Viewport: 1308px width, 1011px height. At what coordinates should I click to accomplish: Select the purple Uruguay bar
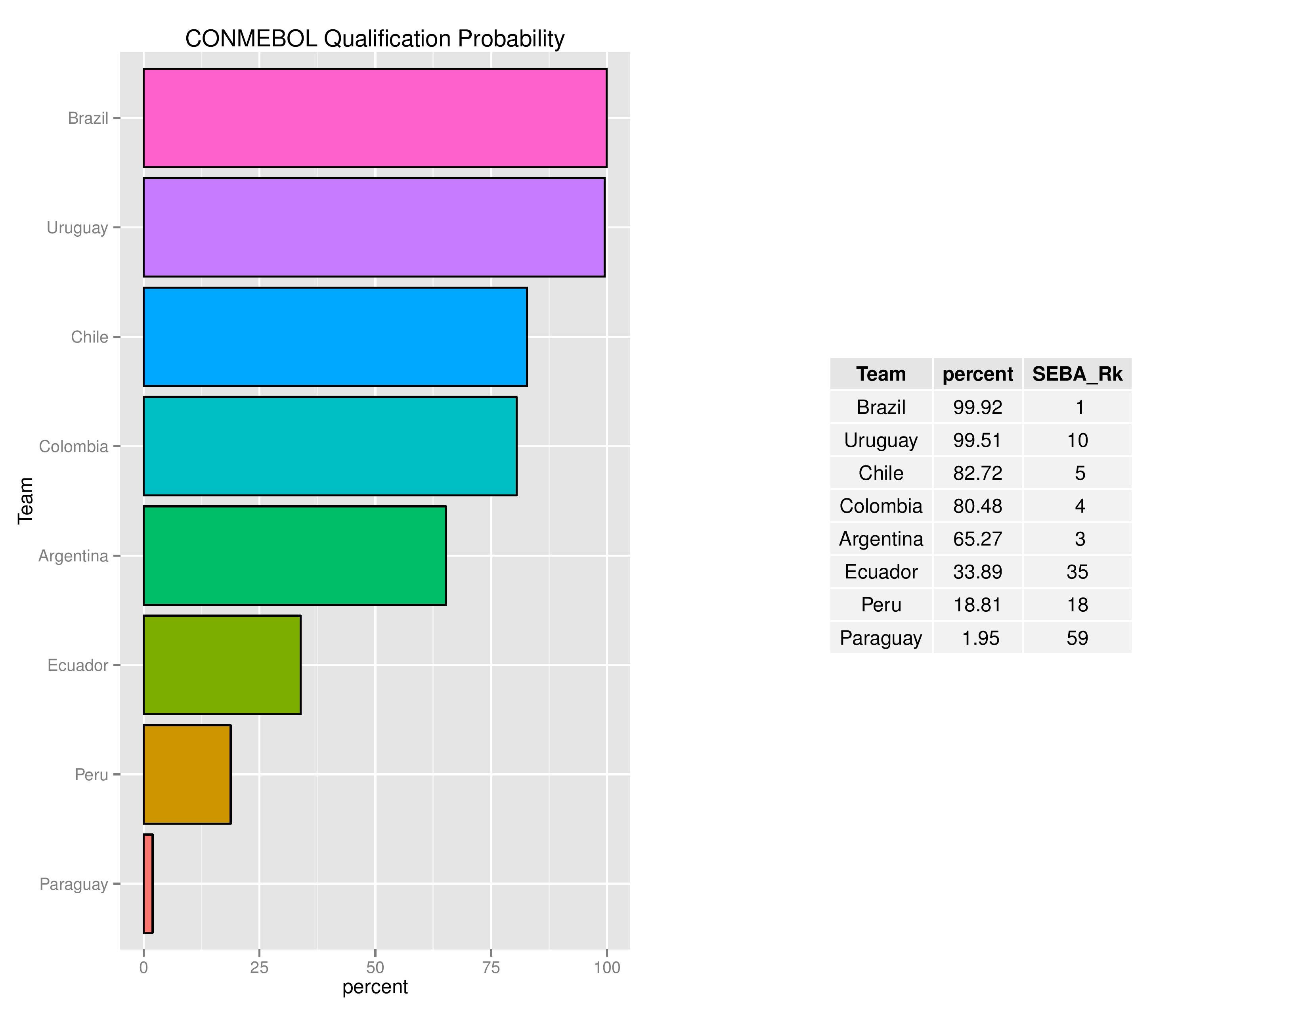[374, 228]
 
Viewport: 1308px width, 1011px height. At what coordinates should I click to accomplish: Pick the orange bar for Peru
[187, 774]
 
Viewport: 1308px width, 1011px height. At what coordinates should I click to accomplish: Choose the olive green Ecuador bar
[222, 665]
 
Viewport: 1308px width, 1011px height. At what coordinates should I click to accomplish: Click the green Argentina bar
[294, 555]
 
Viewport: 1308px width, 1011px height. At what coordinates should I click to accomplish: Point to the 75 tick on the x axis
[491, 967]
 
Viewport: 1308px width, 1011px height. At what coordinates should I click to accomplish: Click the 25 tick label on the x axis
[259, 967]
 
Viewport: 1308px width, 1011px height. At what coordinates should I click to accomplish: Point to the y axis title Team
[25, 501]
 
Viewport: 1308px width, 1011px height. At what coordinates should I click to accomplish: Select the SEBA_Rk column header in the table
[1077, 374]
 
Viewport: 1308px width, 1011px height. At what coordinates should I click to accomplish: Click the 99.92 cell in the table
[977, 407]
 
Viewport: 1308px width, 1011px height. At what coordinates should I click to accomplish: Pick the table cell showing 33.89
[977, 572]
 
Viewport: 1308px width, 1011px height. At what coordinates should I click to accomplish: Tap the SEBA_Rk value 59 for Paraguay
[1077, 638]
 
